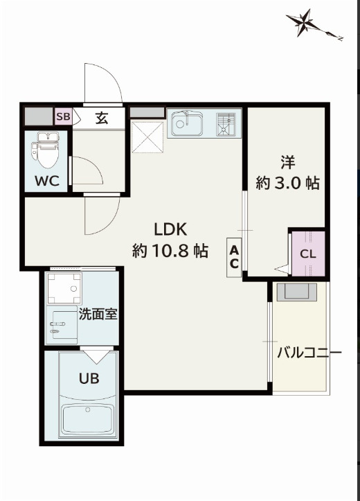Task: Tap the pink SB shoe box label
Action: (63, 116)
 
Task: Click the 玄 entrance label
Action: (101, 117)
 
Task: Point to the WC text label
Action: (46, 182)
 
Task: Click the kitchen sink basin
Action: (186, 125)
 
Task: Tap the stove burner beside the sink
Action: (226, 125)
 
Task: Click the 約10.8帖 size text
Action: (171, 251)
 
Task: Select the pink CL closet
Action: (308, 253)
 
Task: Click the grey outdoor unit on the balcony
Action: (297, 291)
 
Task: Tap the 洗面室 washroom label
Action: (97, 313)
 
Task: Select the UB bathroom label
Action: (88, 379)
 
